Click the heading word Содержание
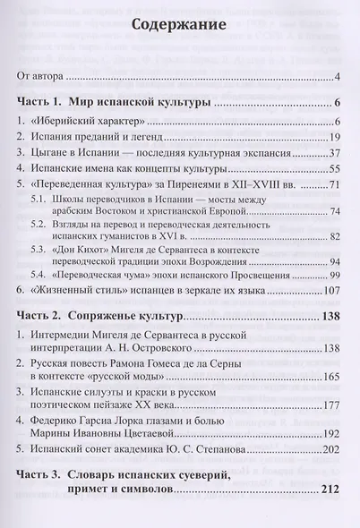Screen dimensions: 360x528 coord(179,28)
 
